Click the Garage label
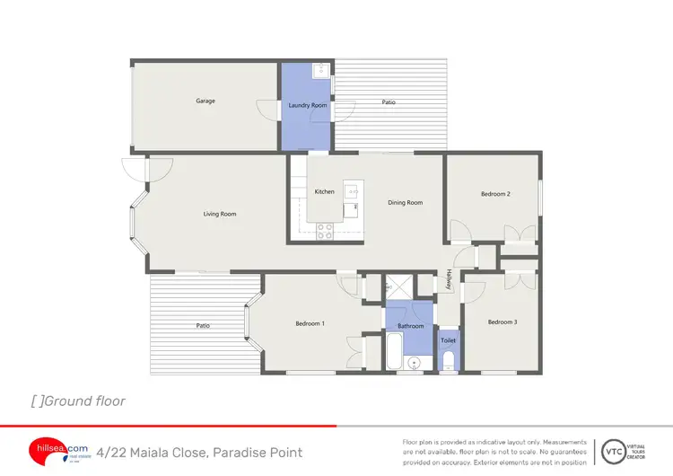click(205, 101)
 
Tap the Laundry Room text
click(307, 105)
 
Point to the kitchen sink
click(354, 191)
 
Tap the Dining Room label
click(405, 203)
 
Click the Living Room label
click(220, 214)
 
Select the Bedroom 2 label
click(494, 194)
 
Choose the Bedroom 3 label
click(502, 322)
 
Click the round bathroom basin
click(414, 363)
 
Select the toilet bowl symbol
click(449, 361)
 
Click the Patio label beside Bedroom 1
click(205, 326)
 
